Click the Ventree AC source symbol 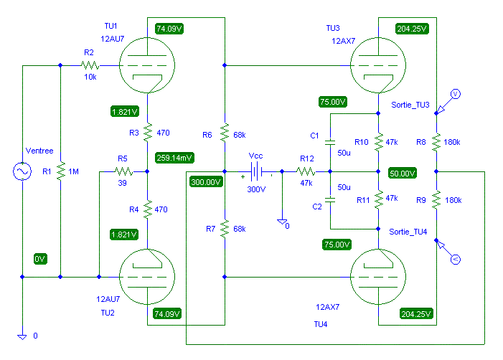tap(22, 171)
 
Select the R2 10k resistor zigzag tap(90, 65)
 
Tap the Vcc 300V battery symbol tap(256, 172)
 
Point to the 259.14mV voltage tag tap(174, 158)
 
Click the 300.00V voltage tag tap(206, 182)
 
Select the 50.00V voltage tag tap(403, 173)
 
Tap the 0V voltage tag tap(40, 259)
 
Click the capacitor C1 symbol tap(330, 142)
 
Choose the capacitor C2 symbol tap(330, 200)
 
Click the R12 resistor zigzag tap(306, 172)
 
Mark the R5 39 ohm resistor tap(123, 172)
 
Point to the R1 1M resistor tap(60, 171)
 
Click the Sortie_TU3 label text tap(410, 105)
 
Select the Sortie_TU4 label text tap(408, 232)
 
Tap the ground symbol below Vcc tap(282, 222)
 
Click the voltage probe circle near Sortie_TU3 tap(456, 94)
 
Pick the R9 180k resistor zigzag tap(436, 200)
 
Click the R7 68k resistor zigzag tap(225, 229)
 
